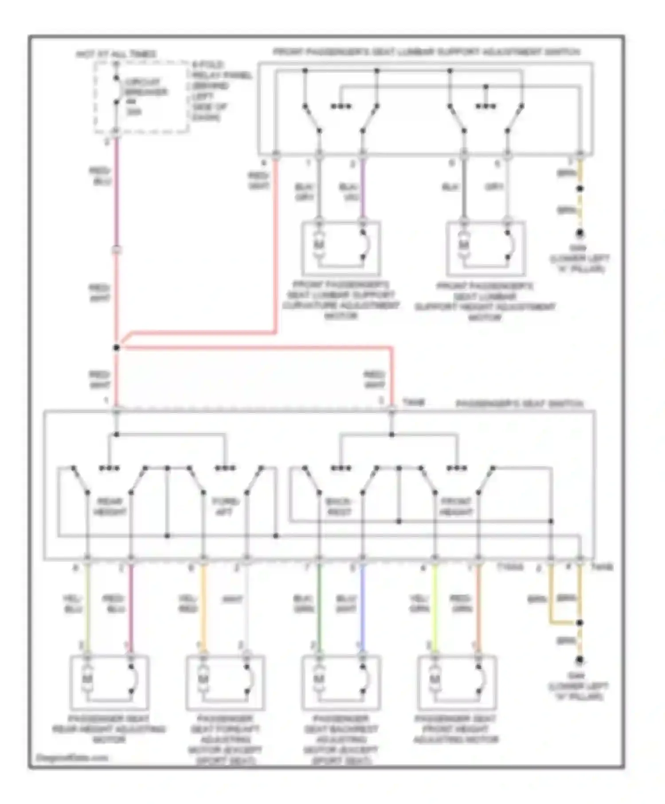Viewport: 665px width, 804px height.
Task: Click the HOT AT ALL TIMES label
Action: (x=116, y=54)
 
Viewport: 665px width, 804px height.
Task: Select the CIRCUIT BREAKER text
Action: (x=146, y=87)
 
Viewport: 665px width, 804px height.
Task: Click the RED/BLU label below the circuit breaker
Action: (x=100, y=176)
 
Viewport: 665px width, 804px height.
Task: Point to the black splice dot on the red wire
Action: (x=116, y=348)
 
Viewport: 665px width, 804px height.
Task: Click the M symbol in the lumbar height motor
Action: (x=463, y=245)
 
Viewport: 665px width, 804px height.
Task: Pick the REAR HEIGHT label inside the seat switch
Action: (x=110, y=507)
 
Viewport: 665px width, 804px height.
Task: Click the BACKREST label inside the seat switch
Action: (x=339, y=507)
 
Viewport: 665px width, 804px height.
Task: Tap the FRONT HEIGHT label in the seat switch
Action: (x=456, y=507)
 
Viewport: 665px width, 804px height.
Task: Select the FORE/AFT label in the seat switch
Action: (x=225, y=507)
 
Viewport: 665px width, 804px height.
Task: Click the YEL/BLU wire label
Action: (x=73, y=604)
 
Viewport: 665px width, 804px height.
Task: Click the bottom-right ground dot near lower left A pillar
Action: (x=579, y=660)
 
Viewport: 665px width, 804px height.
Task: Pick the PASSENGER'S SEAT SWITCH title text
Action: (x=520, y=404)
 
